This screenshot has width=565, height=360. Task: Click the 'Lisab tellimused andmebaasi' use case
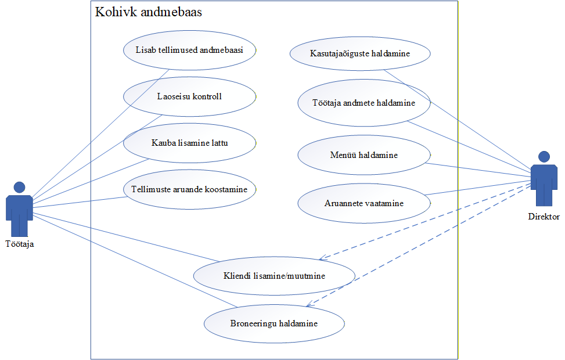pos(189,50)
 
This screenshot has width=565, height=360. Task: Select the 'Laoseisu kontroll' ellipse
pos(189,96)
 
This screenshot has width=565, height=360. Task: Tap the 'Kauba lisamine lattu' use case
pos(189,142)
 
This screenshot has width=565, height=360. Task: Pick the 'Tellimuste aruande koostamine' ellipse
pos(189,189)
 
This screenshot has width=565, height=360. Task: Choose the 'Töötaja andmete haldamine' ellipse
pos(364,102)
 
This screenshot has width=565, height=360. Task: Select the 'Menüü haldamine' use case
pos(364,155)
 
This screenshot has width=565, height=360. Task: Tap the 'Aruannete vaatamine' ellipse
pos(364,203)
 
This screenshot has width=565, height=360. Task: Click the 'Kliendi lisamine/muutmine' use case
pos(274,276)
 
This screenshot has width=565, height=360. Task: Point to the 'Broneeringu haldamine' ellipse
pos(274,323)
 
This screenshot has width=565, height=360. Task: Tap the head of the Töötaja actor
pos(19,188)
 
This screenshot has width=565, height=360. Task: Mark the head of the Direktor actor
pos(544,156)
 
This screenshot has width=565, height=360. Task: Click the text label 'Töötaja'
pos(19,244)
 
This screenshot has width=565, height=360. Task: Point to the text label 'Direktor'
pos(544,217)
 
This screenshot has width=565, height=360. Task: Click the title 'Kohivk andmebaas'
pos(149,12)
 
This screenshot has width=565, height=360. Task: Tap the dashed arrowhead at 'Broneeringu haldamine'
pos(309,304)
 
